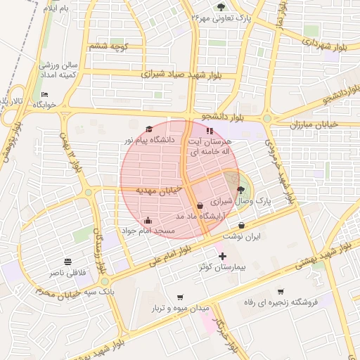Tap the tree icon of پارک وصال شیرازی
coord(241,190)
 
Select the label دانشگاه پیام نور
coord(149,141)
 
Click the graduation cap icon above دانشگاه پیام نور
coord(148,129)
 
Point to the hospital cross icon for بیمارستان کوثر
coord(223,257)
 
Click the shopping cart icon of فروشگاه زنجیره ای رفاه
coord(281,291)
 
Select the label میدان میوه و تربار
coord(181,308)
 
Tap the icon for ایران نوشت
coord(242,226)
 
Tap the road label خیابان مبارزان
coord(314,124)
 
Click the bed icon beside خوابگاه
coord(45,94)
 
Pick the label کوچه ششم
coord(108,46)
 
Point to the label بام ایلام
coord(56,8)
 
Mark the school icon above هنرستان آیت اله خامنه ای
coord(208,131)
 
